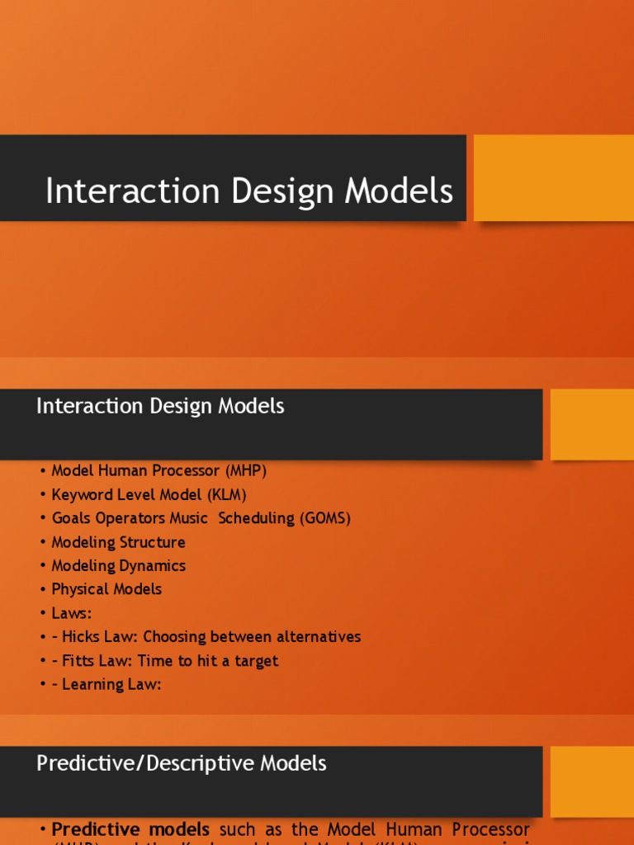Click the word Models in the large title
(x=399, y=191)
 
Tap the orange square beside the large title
(x=553, y=178)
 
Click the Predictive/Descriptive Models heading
(x=182, y=763)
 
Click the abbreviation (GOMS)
(x=325, y=518)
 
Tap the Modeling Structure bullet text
(x=118, y=542)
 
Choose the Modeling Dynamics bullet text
(x=118, y=566)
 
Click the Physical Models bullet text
(x=106, y=589)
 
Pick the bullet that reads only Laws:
(x=71, y=613)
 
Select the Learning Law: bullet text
(x=106, y=684)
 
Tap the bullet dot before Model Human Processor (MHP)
(x=41, y=471)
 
